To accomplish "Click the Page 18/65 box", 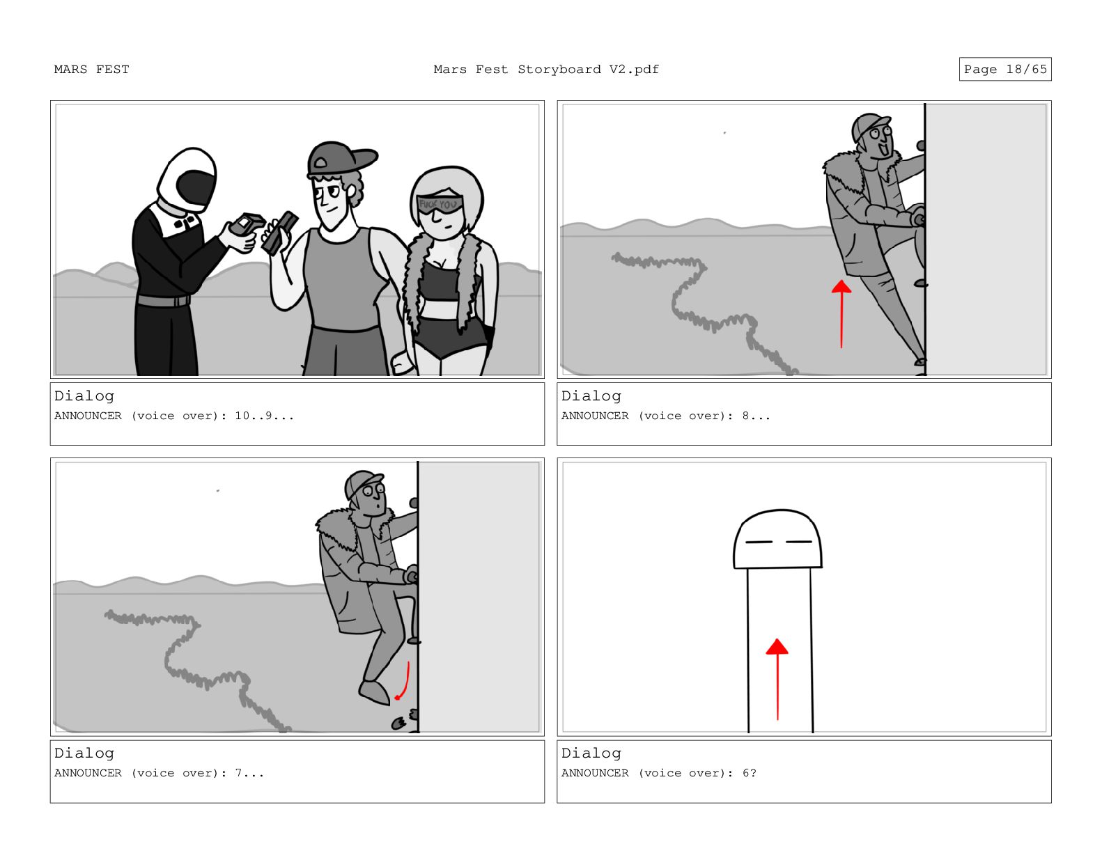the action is pyautogui.click(x=1004, y=69).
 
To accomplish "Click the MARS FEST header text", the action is pyautogui.click(x=91, y=70).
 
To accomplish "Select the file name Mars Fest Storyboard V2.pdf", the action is pyautogui.click(x=545, y=70).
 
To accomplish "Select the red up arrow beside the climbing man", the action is pyautogui.click(x=841, y=314).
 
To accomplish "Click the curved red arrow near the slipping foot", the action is pyautogui.click(x=404, y=681).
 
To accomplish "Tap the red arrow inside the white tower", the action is pyautogui.click(x=777, y=679).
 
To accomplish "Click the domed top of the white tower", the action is pyautogui.click(x=777, y=539).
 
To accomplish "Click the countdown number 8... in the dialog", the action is pyautogui.click(x=756, y=416).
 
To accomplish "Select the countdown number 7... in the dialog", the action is pyautogui.click(x=249, y=774).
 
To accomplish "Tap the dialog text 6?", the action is pyautogui.click(x=749, y=774).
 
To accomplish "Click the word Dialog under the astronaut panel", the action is pyautogui.click(x=84, y=396).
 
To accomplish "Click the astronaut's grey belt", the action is pyautogui.click(x=164, y=301).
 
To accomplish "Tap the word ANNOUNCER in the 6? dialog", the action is pyautogui.click(x=594, y=774).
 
